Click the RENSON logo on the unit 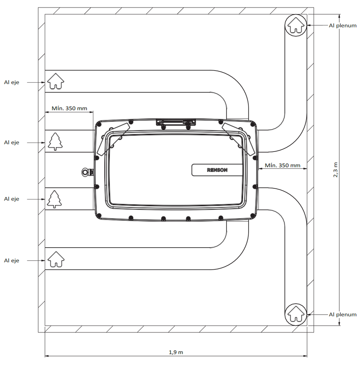pos(217,170)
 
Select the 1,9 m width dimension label pos(176,352)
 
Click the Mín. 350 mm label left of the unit pos(69,108)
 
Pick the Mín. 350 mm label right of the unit pos(282,165)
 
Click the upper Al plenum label pos(342,25)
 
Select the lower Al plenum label pos(342,315)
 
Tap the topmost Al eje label pos(11,82)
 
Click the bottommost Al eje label pos(11,261)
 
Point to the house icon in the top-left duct pos(56,81)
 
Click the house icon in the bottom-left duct pos(56,259)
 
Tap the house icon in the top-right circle pos(296,25)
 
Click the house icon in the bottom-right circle pos(296,314)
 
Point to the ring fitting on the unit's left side pos(86,172)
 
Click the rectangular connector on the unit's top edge pos(176,122)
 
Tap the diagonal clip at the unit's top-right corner pos(238,139)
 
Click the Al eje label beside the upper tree pos(11,142)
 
